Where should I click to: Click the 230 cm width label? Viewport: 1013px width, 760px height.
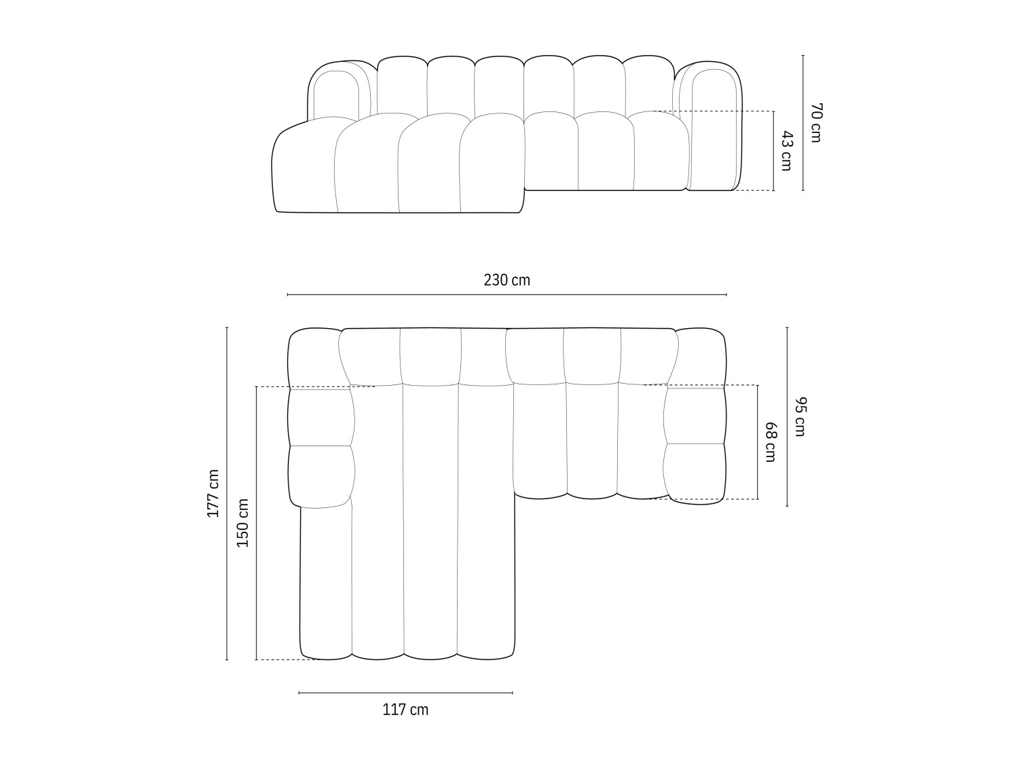[506, 280]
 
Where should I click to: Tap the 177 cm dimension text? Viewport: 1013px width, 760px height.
[213, 494]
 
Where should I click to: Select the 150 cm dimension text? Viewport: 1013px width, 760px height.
[242, 522]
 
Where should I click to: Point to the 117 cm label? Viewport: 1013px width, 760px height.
[405, 710]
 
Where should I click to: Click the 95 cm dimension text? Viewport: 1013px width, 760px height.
[798, 416]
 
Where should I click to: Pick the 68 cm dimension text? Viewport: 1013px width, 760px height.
[770, 442]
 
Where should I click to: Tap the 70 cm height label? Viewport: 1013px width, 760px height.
[815, 123]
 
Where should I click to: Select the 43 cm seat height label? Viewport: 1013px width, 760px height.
[786, 151]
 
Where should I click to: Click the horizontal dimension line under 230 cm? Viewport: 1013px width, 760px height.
[506, 295]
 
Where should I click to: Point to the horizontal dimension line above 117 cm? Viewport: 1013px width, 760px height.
[405, 693]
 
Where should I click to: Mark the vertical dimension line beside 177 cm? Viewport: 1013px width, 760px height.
[227, 494]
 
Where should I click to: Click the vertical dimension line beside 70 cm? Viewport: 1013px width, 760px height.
[803, 123]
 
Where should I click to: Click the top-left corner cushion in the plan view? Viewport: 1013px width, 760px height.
[314, 358]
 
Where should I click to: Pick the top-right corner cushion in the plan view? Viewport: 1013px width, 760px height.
[701, 357]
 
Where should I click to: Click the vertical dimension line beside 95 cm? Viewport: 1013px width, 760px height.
[787, 416]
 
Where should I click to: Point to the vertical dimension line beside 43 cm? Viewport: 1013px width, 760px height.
[773, 151]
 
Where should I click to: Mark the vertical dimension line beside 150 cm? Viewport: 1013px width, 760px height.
[256, 522]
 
